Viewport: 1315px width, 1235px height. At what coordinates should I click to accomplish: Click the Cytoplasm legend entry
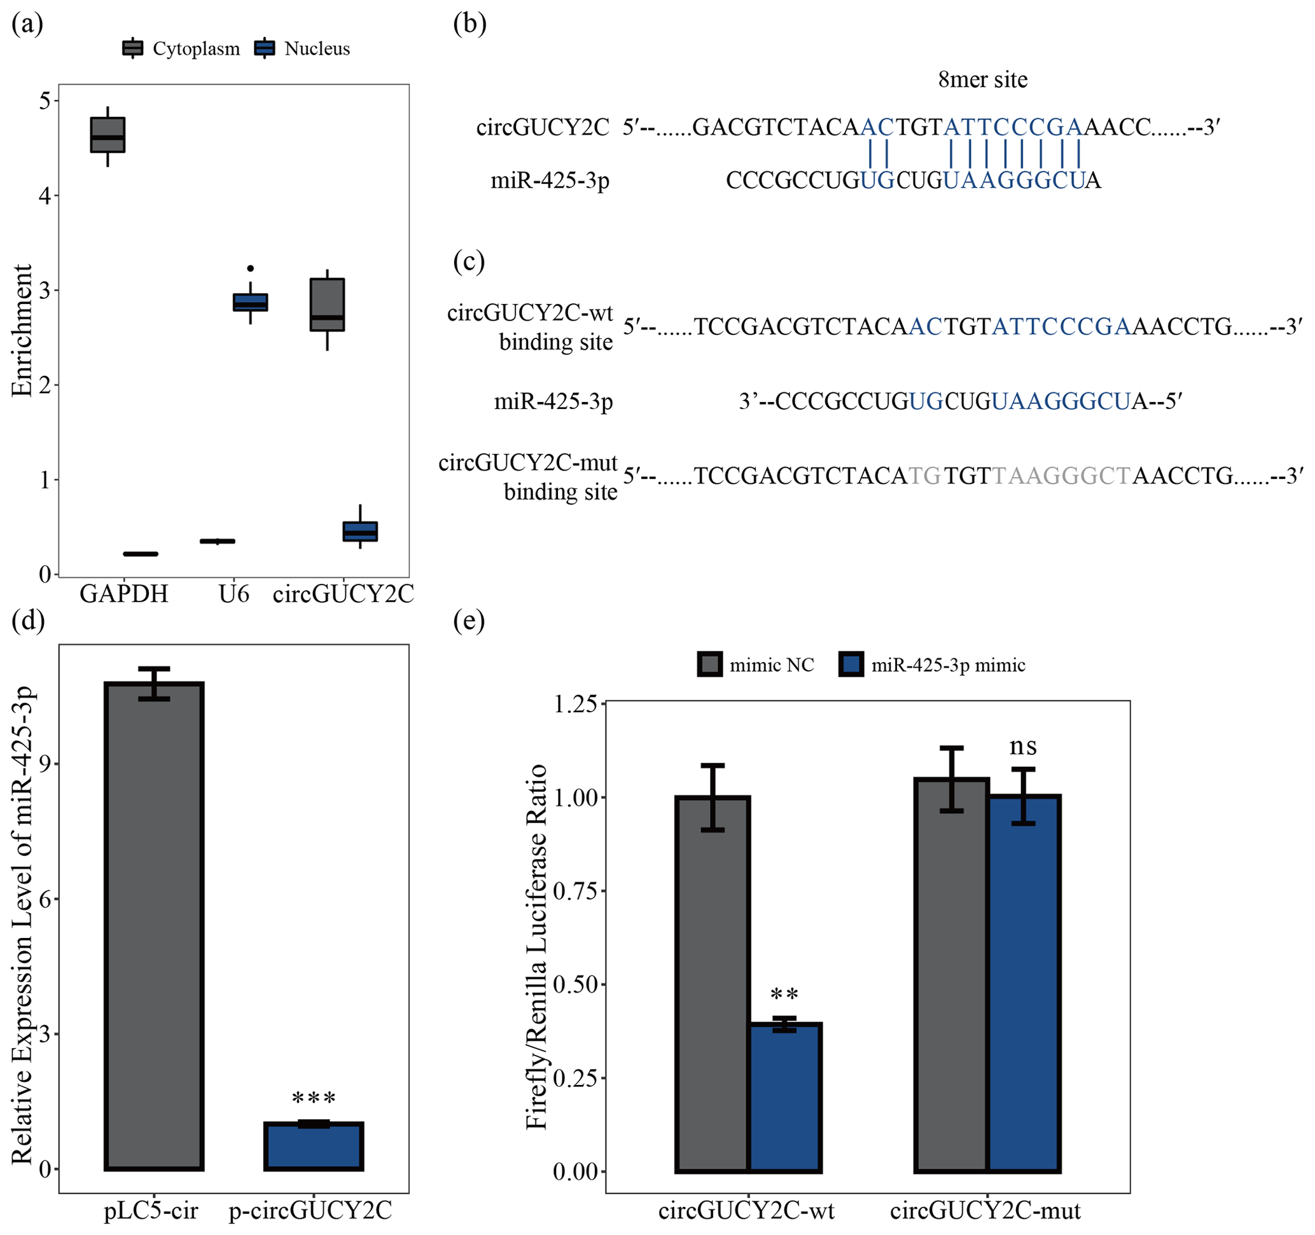click(x=181, y=48)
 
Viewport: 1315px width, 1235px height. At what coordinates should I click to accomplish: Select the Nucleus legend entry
click(x=302, y=48)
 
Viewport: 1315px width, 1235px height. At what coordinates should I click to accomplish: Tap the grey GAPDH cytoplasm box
click(x=108, y=135)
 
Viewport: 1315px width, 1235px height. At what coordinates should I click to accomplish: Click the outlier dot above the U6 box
click(x=250, y=268)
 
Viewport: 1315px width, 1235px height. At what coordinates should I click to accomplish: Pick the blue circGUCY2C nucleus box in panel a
click(x=360, y=531)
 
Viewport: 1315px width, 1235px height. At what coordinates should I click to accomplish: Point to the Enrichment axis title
click(x=22, y=331)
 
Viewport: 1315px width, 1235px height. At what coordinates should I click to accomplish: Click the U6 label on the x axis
click(x=234, y=595)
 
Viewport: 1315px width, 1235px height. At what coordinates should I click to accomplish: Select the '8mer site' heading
click(x=982, y=80)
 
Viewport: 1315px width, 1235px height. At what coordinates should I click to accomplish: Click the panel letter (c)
click(x=468, y=262)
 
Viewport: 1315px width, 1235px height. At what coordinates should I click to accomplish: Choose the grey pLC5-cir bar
click(x=154, y=925)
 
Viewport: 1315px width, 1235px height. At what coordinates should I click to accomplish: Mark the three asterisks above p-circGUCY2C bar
click(x=314, y=1100)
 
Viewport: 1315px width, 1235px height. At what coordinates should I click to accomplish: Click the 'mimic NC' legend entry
click(x=756, y=665)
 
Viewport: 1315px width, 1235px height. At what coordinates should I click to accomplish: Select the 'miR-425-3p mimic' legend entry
click(x=932, y=665)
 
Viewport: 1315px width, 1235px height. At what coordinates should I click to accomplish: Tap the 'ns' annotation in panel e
click(x=1022, y=747)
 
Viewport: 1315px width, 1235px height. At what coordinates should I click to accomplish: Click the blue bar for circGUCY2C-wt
click(x=784, y=1098)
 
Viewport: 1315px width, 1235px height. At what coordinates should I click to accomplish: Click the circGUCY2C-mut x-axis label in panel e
click(x=985, y=1211)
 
